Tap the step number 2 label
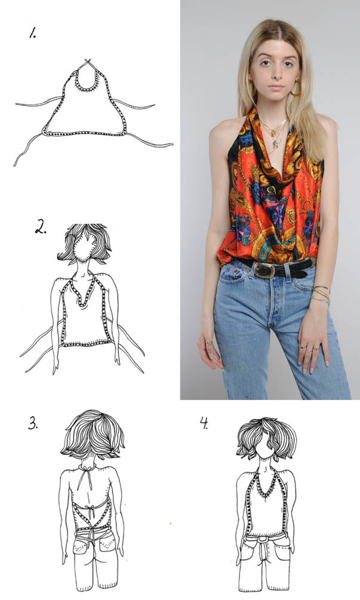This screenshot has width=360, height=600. tap(41, 228)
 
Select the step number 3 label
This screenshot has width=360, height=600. tap(33, 423)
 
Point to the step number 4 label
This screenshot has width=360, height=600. tap(204, 423)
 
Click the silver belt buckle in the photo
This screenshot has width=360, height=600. tap(264, 270)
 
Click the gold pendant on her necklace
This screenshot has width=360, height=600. tap(274, 133)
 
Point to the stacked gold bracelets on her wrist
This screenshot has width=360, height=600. tap(321, 294)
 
